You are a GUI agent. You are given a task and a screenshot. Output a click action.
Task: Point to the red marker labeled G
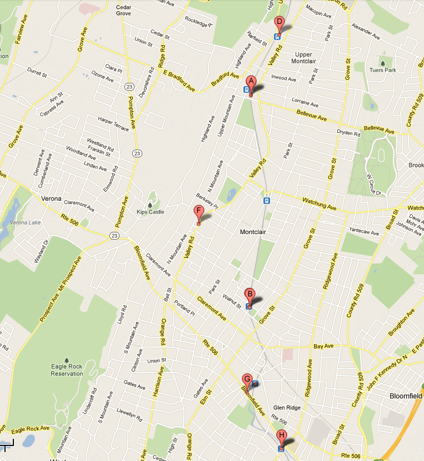[x=247, y=380]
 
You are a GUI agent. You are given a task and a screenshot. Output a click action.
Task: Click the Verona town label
[x=51, y=198]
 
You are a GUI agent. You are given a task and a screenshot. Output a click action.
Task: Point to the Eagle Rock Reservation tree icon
[x=67, y=360]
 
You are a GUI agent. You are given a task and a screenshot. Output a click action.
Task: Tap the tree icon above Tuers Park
[x=383, y=62]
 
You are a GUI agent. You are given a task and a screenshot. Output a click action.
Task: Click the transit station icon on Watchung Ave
[x=267, y=201]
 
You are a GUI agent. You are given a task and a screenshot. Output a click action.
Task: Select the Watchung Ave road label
[x=319, y=204]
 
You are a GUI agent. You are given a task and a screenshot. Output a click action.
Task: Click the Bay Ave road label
[x=323, y=346]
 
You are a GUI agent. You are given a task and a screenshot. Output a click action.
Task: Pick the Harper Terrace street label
[x=113, y=124]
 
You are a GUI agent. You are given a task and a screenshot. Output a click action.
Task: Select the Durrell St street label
[x=37, y=72]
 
